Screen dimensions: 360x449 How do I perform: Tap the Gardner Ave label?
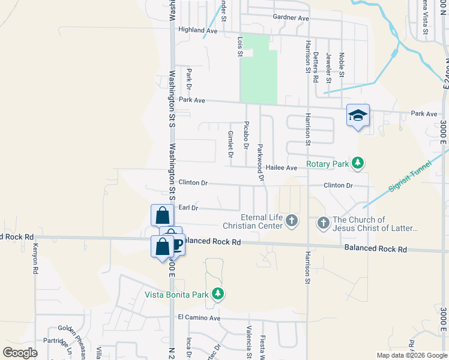(x=290, y=19)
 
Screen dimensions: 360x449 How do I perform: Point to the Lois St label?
(x=240, y=46)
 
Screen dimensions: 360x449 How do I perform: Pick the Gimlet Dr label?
(x=231, y=145)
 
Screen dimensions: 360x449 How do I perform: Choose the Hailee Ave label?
(x=282, y=168)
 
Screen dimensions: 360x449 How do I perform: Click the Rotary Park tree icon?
(x=358, y=163)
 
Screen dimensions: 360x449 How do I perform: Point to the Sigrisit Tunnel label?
(x=411, y=179)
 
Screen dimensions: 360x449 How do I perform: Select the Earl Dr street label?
(x=188, y=208)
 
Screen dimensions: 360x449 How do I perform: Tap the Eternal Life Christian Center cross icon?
(x=291, y=221)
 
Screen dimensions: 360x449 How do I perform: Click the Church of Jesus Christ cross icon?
(x=324, y=224)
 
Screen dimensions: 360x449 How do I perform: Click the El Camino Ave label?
(x=199, y=317)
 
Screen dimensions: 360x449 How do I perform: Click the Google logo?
(x=20, y=353)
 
